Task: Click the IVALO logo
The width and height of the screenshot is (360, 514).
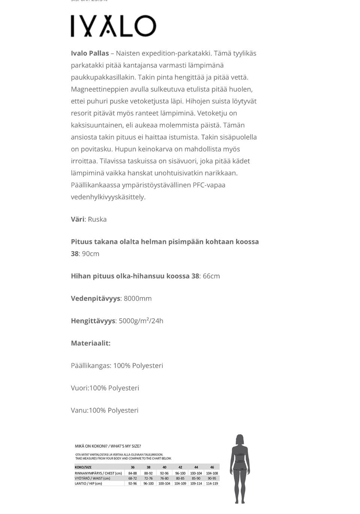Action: pos(113,26)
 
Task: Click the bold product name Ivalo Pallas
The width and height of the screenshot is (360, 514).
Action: pos(90,53)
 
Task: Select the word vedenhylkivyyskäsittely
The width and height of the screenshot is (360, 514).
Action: pos(108,197)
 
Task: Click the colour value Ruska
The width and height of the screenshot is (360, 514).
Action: pos(97,219)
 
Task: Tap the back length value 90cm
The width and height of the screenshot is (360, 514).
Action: pos(91,254)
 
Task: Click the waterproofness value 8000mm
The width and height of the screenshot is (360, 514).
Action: pos(138,298)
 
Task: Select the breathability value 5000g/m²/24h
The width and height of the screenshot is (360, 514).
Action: pos(141,321)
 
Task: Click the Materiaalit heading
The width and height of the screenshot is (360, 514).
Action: pos(91,343)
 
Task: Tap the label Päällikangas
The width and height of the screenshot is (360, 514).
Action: pos(91,366)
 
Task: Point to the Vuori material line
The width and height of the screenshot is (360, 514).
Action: pos(105,388)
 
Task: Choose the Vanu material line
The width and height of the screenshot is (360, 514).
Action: pos(105,411)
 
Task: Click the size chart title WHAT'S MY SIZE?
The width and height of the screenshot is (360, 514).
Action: pos(126,446)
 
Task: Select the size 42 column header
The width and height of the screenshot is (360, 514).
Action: pos(180,467)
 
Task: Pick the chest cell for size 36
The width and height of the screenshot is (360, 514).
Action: pos(132,473)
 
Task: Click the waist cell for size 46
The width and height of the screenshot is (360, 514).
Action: pos(212,478)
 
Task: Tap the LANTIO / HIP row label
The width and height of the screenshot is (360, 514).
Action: pos(88,484)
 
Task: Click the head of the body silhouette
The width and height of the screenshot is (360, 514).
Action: pos(240,439)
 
